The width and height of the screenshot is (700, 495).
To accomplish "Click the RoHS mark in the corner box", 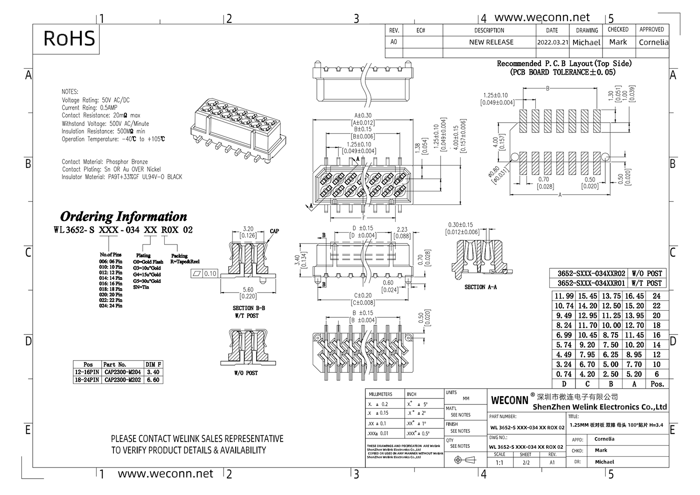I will pos(69,38).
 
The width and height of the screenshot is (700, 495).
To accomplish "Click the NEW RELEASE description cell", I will pos(491,42).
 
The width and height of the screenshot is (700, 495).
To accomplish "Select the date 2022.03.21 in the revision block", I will pos(553,42).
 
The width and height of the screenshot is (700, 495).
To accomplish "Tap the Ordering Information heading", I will pos(124,217).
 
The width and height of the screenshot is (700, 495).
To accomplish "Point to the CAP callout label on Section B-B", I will pos(274,231).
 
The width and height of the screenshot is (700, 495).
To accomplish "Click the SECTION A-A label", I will pos(480,287).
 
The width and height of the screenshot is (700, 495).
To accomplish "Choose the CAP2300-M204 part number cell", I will pos(122,372).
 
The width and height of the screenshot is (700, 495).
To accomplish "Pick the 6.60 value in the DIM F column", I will pos(153,380).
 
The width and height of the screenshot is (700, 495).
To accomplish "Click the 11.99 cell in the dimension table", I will pos(564,296).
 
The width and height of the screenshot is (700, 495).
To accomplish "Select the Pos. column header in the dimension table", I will pos(657,384).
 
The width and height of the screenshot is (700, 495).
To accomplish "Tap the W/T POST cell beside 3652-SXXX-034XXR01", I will pos(647,283).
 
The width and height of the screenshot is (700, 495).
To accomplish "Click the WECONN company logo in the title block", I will pos(510,400).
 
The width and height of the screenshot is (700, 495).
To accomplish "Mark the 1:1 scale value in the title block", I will pos(499,462).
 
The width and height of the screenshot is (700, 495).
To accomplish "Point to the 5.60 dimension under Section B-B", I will pos(248,290).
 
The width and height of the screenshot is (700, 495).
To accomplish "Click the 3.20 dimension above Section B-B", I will pos(248,229).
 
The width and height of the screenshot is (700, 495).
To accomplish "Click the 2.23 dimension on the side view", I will pos(402,230).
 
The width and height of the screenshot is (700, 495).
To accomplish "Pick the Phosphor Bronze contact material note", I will pos(126,161).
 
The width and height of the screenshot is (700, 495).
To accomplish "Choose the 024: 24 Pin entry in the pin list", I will pos(111,306).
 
